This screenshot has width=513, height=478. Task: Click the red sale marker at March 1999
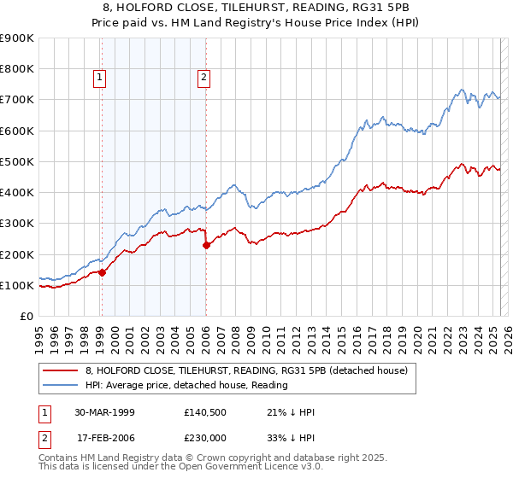pos(102,273)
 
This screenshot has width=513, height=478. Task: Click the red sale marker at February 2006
pos(206,246)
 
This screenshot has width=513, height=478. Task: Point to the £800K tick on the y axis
pos(17,69)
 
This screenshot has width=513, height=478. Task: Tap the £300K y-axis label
pos(17,224)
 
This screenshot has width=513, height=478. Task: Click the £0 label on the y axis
pos(26,317)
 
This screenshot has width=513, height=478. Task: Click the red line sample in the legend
pos(60,370)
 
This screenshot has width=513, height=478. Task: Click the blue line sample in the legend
pos(60,385)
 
